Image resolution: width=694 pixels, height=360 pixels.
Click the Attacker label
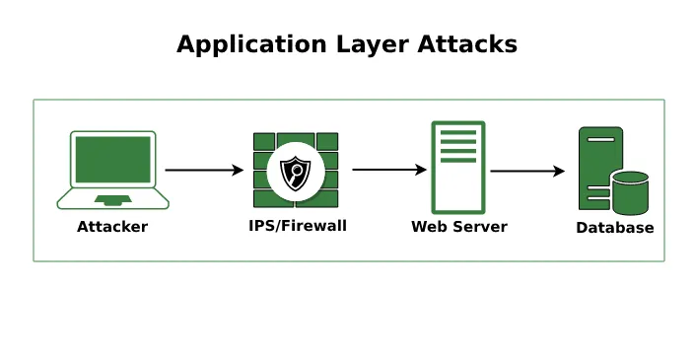click(112, 227)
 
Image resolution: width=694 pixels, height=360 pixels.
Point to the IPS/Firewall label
click(297, 226)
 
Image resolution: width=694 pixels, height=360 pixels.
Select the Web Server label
click(458, 227)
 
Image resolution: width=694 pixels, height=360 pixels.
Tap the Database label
click(614, 228)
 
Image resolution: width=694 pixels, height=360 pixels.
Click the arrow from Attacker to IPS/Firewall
click(203, 171)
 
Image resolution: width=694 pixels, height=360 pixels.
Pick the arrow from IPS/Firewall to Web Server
click(388, 170)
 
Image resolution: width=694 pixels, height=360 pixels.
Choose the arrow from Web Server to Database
click(526, 171)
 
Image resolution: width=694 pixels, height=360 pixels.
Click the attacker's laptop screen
click(112, 159)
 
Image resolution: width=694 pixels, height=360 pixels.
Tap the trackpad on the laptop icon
click(112, 199)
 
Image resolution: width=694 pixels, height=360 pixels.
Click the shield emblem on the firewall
click(295, 174)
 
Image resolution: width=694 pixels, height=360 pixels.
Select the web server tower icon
click(458, 168)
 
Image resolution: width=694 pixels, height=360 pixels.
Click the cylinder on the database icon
click(630, 192)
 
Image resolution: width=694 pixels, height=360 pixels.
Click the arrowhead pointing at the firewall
click(238, 171)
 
